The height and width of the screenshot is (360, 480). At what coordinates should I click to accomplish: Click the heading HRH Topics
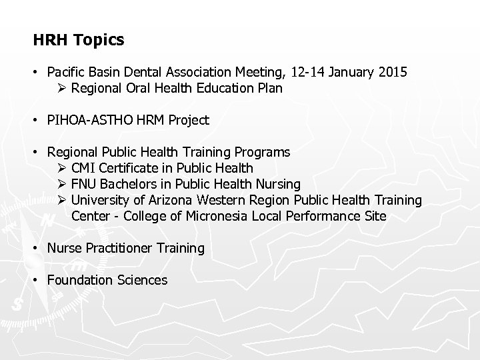79,40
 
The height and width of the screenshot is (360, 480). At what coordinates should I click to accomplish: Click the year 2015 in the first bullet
391,73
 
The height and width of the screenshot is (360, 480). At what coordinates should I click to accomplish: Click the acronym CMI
84,168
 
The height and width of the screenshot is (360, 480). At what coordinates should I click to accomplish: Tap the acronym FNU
84,184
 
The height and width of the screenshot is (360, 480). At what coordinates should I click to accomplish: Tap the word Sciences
141,280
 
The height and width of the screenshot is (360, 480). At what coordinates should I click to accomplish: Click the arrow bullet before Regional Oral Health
62,88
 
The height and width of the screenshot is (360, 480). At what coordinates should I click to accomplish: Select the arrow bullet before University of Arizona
62,200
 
